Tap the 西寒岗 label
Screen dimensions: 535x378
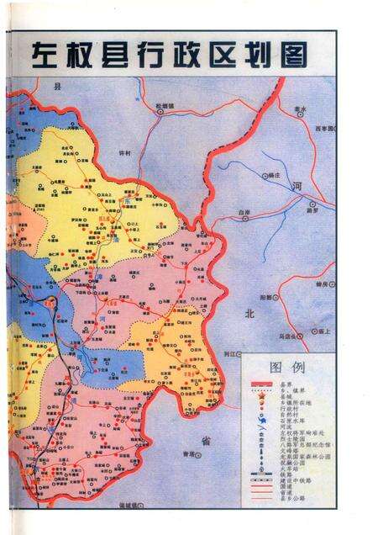pyautogui.click(x=325, y=128)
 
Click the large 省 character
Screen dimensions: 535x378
pyautogui.click(x=205, y=440)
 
